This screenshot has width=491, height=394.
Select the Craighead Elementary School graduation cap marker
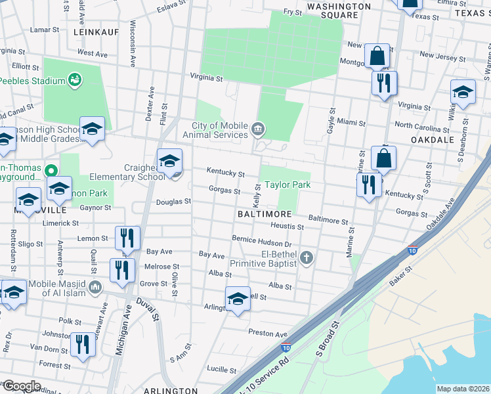pos(169,160)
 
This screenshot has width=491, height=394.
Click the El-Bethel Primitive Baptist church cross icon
pos(306,259)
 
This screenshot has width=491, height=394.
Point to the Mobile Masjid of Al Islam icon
pos(95,286)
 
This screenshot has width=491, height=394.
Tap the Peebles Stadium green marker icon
pos(75,80)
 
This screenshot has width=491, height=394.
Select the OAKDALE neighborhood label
pos(433,140)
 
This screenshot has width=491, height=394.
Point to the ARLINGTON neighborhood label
pos(161,390)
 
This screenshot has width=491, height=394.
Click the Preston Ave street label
pos(268,334)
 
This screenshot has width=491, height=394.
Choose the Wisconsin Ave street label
pos(133,44)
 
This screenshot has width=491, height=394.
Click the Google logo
pos(22,386)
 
